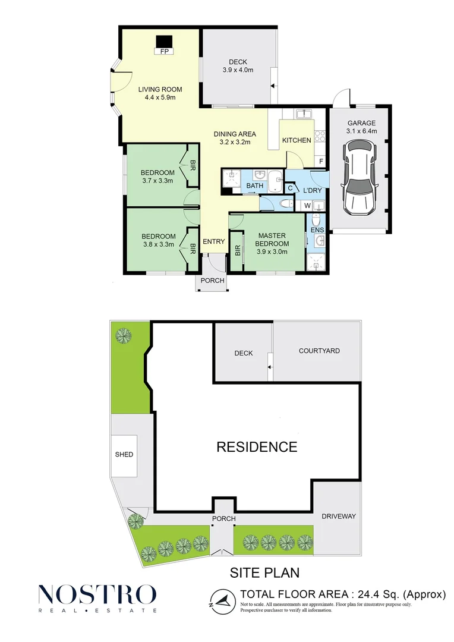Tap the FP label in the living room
point(165,51)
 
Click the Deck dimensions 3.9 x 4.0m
point(238,70)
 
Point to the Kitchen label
point(297,140)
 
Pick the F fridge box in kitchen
point(321,162)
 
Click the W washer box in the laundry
point(307,206)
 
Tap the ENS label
point(317,230)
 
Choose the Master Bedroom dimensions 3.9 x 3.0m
point(272,252)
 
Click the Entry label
point(214,241)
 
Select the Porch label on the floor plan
point(213,281)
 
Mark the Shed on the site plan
point(124,455)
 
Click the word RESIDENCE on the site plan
point(257,446)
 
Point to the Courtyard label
point(319,351)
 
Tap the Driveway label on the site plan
point(339,517)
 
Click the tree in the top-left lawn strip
point(124,336)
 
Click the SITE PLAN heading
point(264,572)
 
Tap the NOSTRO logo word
point(97,594)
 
